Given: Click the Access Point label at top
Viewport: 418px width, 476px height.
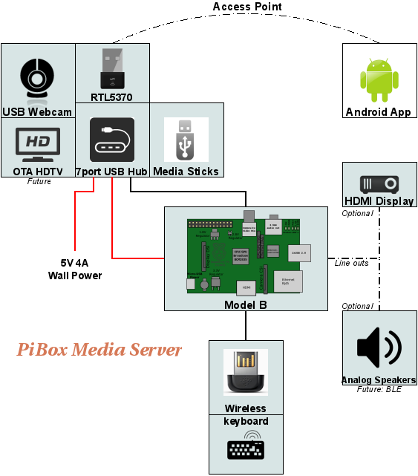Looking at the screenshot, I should coord(247,7).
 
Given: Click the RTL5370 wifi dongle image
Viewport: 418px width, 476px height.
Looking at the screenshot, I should coord(112,68).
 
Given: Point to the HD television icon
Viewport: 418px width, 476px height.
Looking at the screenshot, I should coord(38,144).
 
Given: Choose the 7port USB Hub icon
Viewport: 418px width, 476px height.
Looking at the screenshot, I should coord(112,140).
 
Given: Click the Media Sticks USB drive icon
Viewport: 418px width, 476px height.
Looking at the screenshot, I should coord(186,140).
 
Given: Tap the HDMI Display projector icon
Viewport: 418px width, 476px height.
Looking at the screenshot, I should coord(379,183).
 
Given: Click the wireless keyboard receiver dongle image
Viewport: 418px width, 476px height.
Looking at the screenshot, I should coord(245,373).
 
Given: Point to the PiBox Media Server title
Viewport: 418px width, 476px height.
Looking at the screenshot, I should coord(99,349).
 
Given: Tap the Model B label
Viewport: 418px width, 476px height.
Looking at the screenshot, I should coord(245,305).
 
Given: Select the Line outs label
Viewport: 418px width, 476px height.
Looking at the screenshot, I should coord(351,262).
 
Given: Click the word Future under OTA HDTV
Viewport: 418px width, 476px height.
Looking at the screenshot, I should coord(39,181).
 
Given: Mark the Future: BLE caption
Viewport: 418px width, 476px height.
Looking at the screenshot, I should coord(379,389).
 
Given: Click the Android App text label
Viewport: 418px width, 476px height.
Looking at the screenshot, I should coord(379,112).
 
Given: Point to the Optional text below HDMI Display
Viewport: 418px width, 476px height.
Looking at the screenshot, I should coord(357,213).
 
